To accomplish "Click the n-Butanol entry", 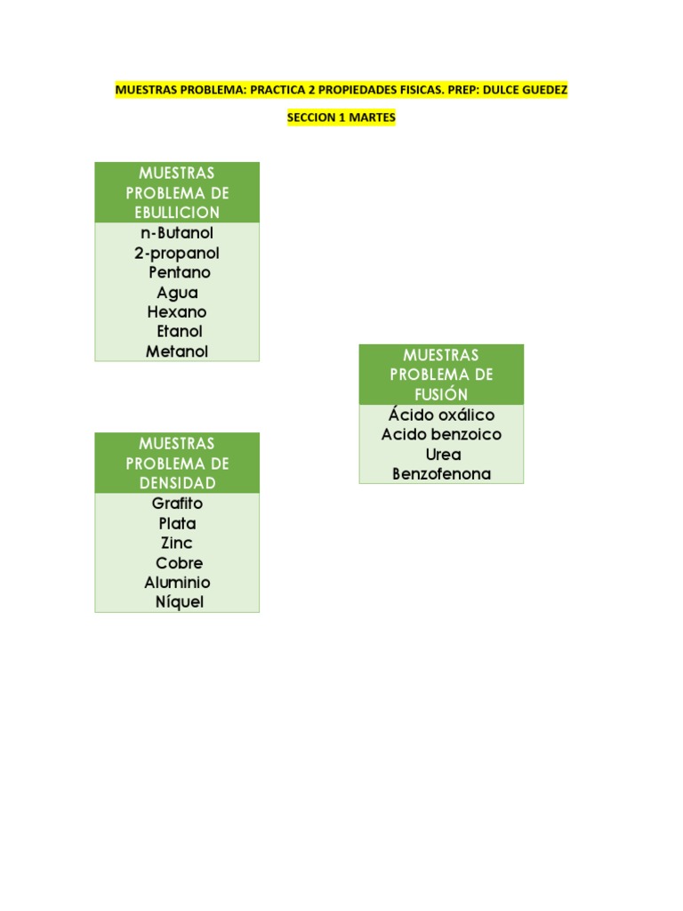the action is (177, 233).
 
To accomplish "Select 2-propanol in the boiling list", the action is (177, 254).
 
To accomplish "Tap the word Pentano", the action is (180, 273).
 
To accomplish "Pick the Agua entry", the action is (177, 293).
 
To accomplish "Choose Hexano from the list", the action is (177, 312).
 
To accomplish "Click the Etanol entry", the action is (180, 332).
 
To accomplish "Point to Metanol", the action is (177, 351).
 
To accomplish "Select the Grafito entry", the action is (177, 504).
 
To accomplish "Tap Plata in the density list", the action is (177, 523).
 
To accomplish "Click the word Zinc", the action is (177, 543).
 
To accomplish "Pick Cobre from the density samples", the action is (179, 563).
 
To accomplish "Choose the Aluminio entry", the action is (178, 583).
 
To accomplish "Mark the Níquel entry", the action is (179, 602).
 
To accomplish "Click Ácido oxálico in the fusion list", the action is (441, 415).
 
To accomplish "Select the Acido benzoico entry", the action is (441, 435).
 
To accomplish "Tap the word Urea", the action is (443, 455).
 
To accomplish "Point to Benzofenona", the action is (441, 474).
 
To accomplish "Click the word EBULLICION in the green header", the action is (177, 213).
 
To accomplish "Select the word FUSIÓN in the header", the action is (441, 394).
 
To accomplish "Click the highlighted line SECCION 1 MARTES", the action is (341, 117).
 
